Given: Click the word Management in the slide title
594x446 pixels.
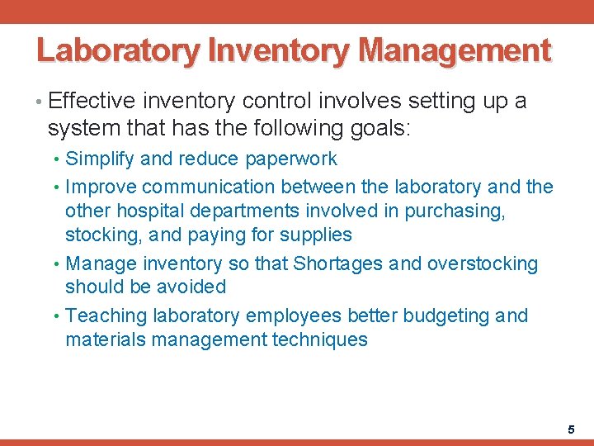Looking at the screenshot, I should (x=455, y=51).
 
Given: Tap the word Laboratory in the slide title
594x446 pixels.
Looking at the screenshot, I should (x=119, y=51).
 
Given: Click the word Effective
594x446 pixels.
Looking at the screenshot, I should (x=92, y=102).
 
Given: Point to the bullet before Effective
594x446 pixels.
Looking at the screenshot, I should (x=40, y=102).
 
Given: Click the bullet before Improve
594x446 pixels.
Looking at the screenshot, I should (x=57, y=187).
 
